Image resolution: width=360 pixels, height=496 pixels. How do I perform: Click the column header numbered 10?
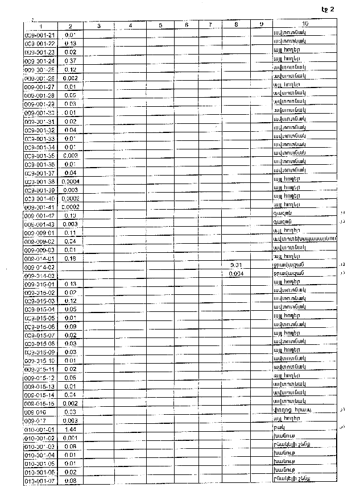tap(305, 24)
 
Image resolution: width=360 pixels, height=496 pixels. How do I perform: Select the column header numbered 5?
tap(160, 26)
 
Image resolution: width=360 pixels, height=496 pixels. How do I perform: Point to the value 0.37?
tap(71, 61)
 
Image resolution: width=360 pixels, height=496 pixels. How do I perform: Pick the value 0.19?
tap(71, 216)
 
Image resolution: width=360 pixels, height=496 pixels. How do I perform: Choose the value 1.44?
tap(71, 430)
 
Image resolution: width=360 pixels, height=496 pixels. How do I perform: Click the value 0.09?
tap(71, 327)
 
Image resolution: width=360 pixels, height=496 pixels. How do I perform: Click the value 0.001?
tap(71, 438)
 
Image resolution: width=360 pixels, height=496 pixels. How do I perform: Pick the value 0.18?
tap(71, 259)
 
